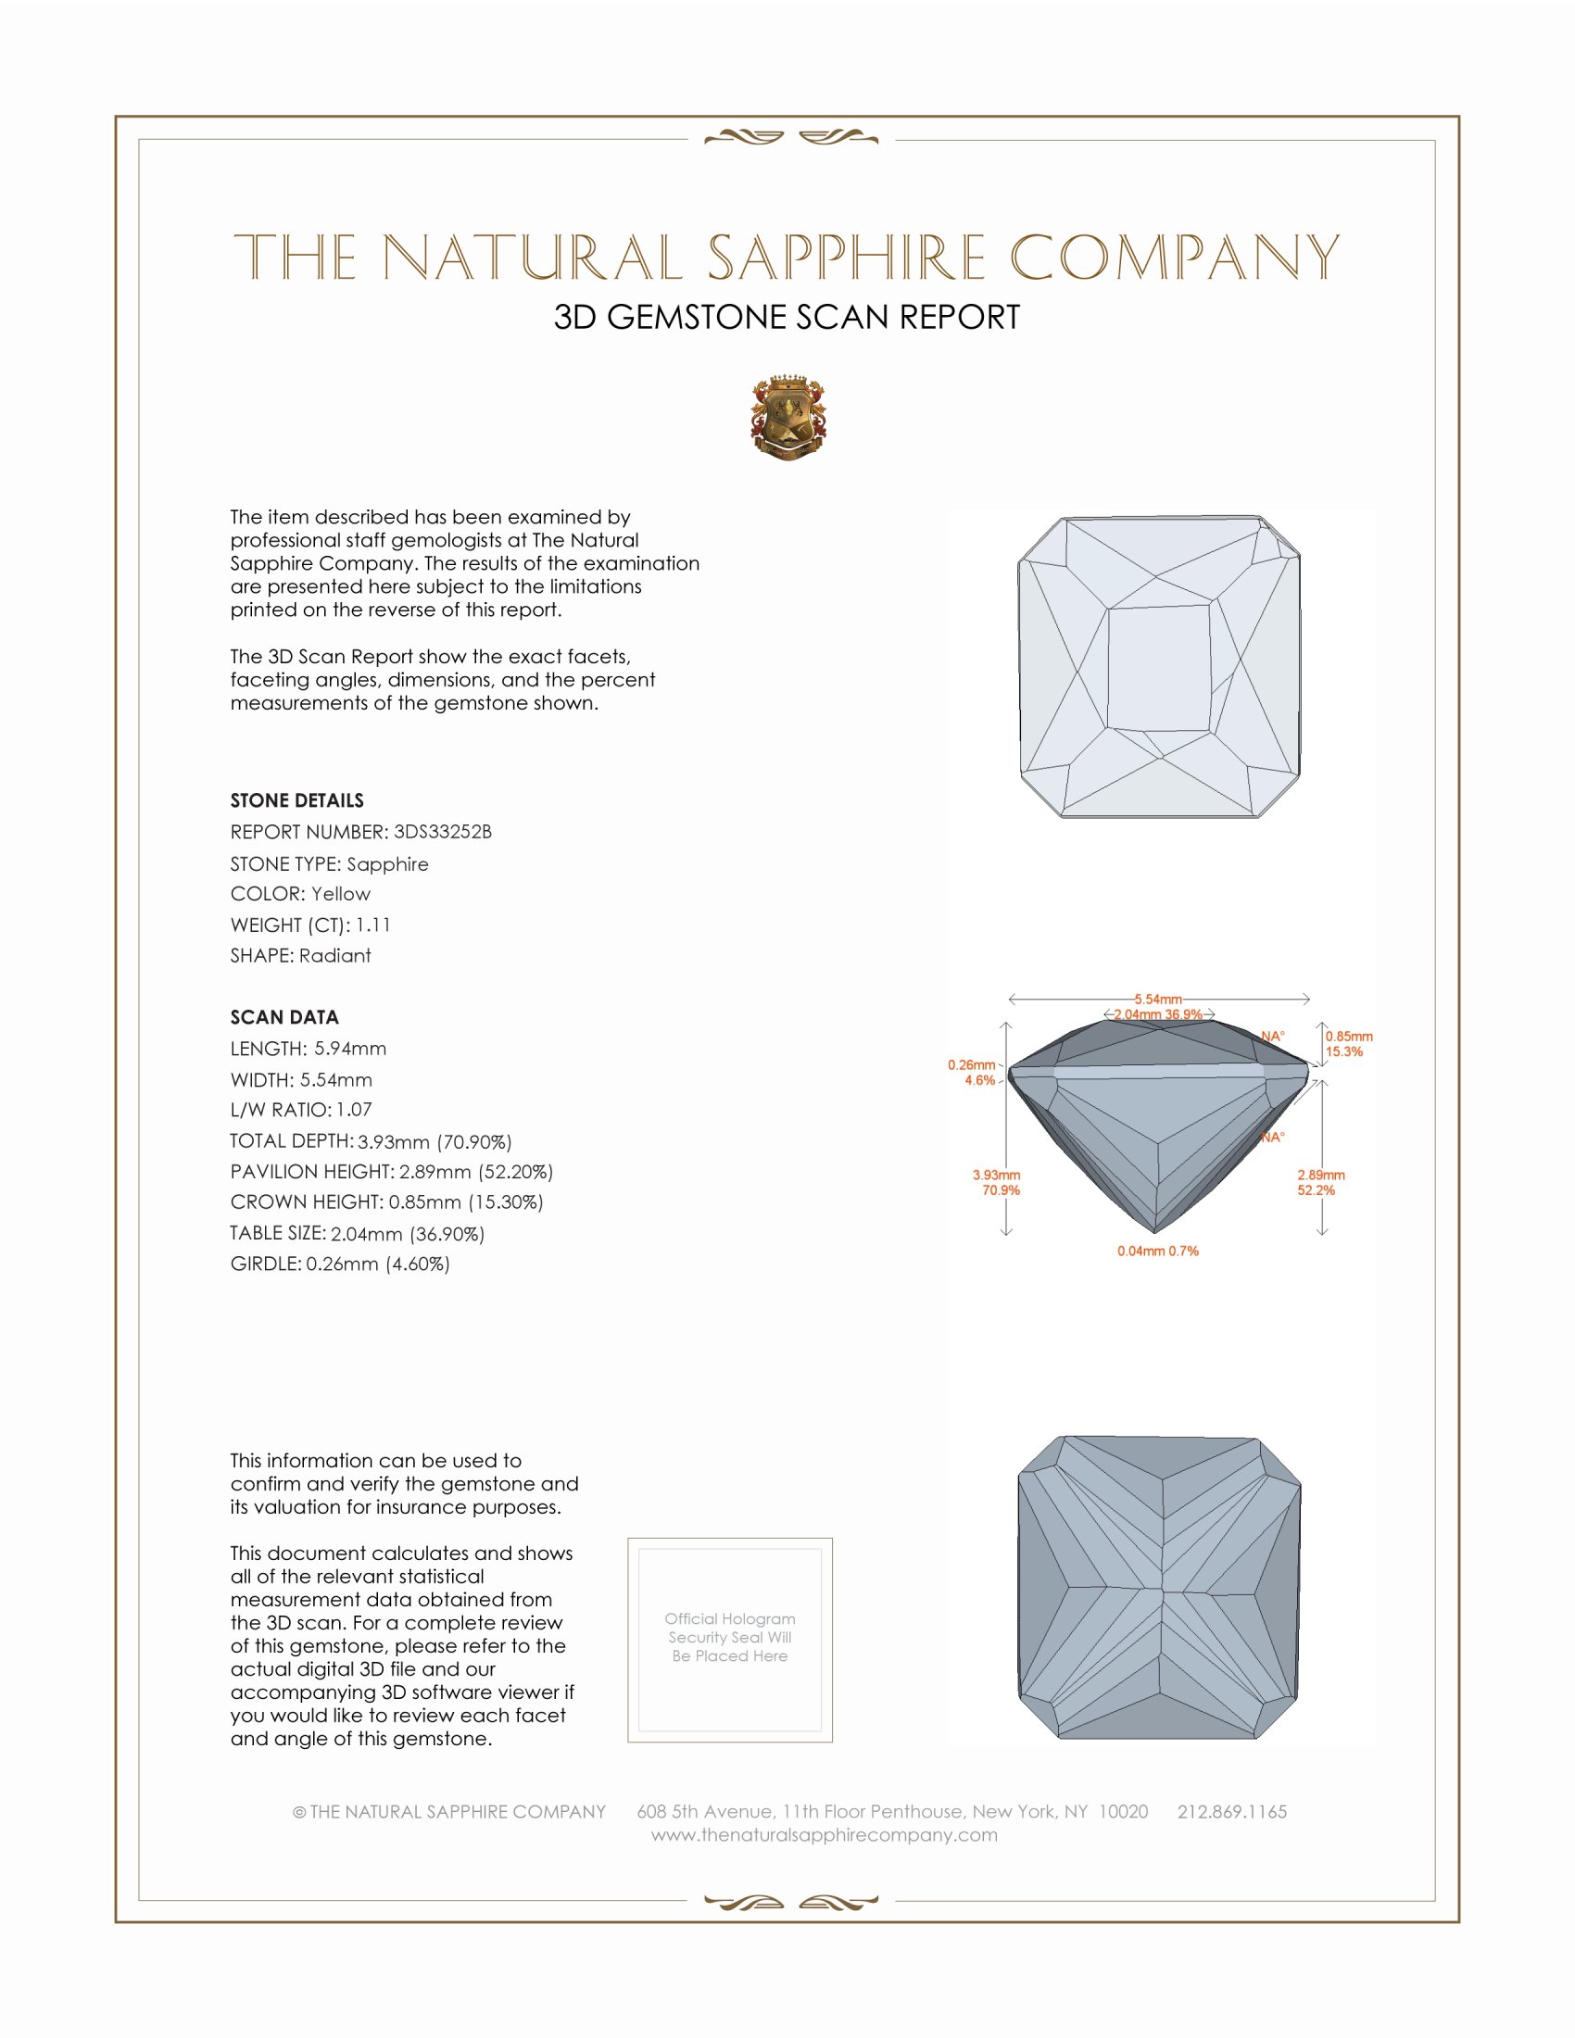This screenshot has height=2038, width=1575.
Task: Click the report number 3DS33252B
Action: (442, 832)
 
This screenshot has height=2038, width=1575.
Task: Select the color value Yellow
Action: (341, 894)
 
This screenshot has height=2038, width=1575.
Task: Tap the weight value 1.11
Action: (373, 925)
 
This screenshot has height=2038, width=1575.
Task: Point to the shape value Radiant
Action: (335, 956)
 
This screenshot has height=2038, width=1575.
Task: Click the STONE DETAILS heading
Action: (296, 800)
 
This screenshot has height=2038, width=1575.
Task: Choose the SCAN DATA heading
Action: (284, 1017)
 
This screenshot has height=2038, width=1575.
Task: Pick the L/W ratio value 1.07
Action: (355, 1110)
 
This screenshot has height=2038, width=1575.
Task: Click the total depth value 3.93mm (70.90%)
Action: (435, 1141)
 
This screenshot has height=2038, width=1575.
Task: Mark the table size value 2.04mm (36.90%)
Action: (408, 1234)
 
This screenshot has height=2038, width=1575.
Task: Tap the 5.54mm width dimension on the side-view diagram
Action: (1158, 1000)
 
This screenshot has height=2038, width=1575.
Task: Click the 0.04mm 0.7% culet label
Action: (1158, 1251)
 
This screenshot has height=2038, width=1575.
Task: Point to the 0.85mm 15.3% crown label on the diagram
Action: (1348, 1043)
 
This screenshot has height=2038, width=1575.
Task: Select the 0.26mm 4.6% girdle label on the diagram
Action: (972, 1072)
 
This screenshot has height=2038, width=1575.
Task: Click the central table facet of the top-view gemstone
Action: (1158, 667)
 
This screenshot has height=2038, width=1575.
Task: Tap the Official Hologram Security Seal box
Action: (730, 1640)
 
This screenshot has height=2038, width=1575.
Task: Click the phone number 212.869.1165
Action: (1231, 1811)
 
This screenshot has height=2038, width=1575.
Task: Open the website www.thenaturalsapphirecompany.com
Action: (824, 1834)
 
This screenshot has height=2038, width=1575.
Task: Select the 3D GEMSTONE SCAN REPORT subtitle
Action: (787, 317)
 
